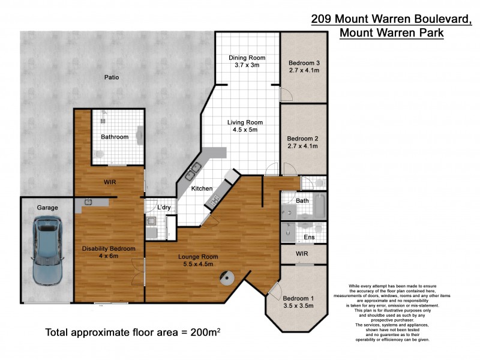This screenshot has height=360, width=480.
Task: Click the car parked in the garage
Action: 47,251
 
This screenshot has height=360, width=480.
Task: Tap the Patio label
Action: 111,77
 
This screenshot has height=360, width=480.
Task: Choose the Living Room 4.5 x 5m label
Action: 245,127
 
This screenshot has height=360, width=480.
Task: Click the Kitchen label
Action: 202,188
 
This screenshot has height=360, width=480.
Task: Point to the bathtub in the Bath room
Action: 319,206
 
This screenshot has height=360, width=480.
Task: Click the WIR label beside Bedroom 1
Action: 302,254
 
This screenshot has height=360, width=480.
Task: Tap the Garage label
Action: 48,208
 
